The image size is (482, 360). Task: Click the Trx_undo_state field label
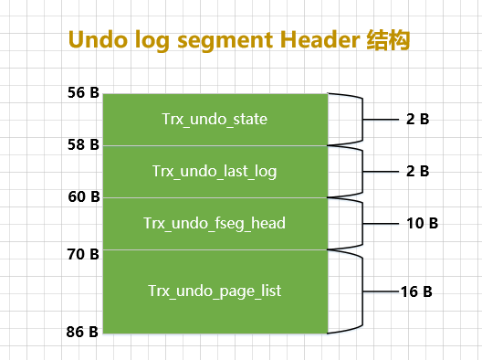point(215,119)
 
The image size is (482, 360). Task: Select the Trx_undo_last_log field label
point(215,171)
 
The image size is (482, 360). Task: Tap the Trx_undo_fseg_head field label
point(215,223)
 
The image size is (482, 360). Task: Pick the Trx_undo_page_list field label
point(215,291)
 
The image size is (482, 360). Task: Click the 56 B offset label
point(83,93)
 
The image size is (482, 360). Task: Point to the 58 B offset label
point(83,145)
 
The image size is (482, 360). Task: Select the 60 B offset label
point(83,197)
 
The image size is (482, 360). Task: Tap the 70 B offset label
point(83,254)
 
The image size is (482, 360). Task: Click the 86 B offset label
point(83,333)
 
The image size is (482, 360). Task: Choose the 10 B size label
point(423,223)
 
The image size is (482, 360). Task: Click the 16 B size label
point(415,292)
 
